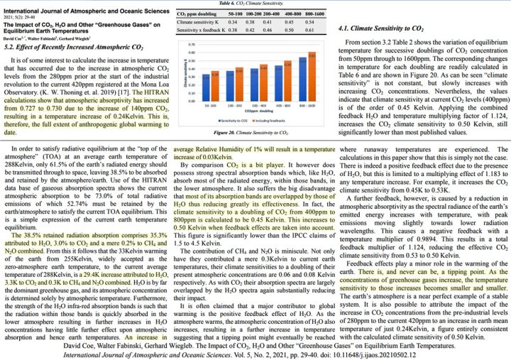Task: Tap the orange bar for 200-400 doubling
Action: [x=263, y=75]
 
